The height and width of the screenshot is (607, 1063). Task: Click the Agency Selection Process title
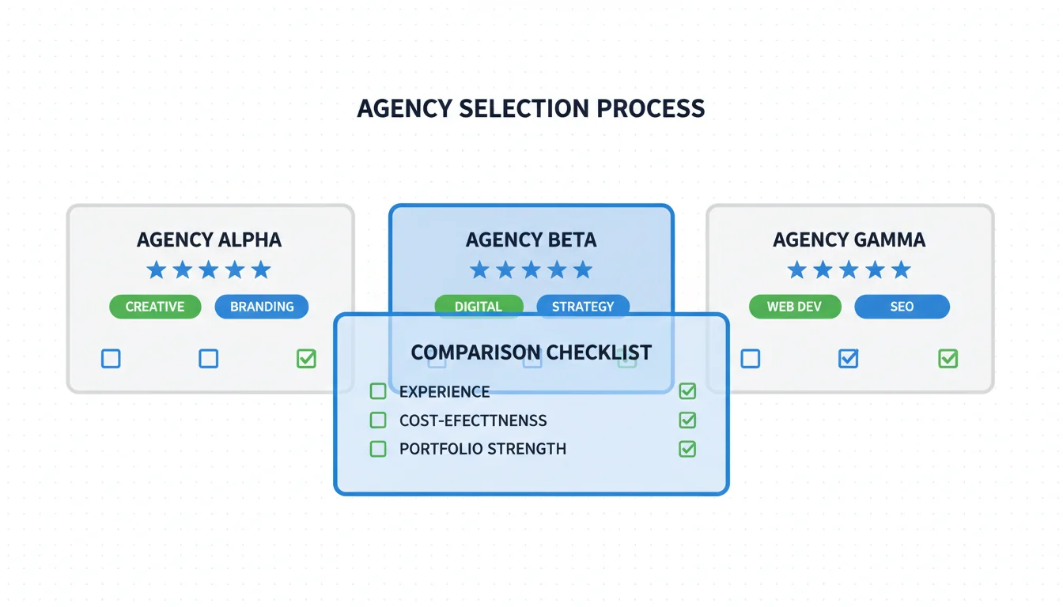point(531,108)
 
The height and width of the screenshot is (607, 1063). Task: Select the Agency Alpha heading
point(209,239)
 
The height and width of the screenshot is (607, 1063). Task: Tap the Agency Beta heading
point(531,239)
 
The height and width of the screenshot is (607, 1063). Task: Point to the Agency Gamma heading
point(849,239)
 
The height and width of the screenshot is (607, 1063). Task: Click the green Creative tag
point(155,307)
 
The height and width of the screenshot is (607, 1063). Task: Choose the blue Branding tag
point(262,307)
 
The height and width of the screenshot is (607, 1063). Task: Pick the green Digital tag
point(479,306)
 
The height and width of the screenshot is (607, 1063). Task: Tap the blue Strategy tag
point(583,306)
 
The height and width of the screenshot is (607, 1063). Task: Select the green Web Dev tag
point(794,307)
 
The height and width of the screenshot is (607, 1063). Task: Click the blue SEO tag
point(902,307)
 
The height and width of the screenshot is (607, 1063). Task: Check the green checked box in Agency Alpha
point(306,359)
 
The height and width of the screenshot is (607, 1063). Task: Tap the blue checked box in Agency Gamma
point(848,359)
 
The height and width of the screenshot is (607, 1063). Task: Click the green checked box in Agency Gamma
point(948,359)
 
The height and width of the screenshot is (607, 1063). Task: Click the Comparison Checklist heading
point(531,353)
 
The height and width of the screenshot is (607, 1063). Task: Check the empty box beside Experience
point(378,391)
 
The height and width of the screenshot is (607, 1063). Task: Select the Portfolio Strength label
point(482,449)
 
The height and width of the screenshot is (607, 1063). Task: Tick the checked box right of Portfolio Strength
point(687,449)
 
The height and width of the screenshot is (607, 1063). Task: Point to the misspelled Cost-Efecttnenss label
point(473,420)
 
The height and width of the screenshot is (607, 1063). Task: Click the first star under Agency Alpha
point(157,270)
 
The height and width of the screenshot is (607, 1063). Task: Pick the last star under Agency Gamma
point(901,270)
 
